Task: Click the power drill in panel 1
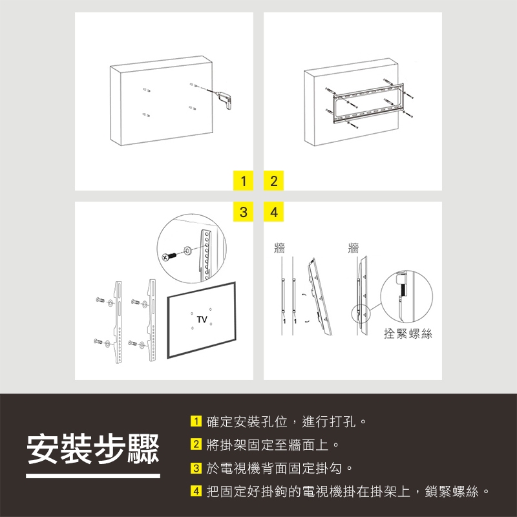tap(224, 100)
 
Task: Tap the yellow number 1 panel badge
tap(244, 181)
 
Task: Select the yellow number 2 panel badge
tap(273, 181)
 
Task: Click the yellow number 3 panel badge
tap(244, 212)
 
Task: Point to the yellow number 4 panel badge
tap(273, 212)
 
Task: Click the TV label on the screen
tap(202, 319)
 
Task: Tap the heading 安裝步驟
tap(93, 448)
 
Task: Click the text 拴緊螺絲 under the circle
tap(408, 333)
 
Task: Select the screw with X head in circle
tap(169, 257)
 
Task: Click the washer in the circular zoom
tap(187, 250)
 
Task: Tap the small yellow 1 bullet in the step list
tap(196, 421)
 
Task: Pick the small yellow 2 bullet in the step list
tap(196, 444)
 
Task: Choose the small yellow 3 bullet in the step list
tap(196, 468)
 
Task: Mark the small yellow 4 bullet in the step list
tap(196, 491)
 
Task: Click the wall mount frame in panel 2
tap(368, 103)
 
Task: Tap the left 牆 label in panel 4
tap(280, 248)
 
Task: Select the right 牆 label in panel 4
tap(353, 248)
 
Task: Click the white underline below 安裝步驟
tap(93, 476)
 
